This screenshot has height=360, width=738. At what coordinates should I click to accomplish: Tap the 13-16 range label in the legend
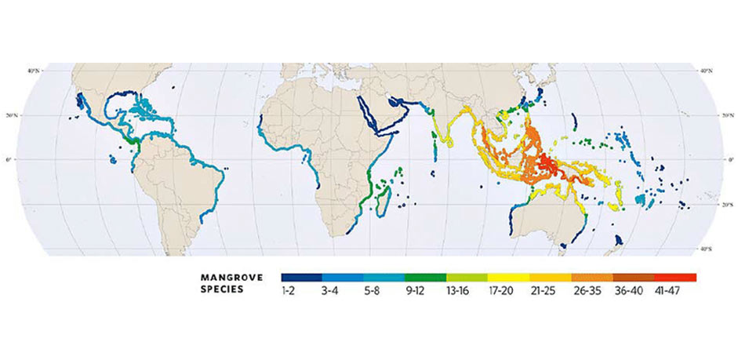[x=467, y=291]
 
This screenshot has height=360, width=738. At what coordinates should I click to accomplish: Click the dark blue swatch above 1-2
[x=302, y=278]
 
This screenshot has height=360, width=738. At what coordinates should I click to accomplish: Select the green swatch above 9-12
[x=425, y=278]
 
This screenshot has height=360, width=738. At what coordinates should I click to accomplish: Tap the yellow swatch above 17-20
[x=508, y=278]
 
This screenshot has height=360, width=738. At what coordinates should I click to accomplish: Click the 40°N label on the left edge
[x=33, y=71]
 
